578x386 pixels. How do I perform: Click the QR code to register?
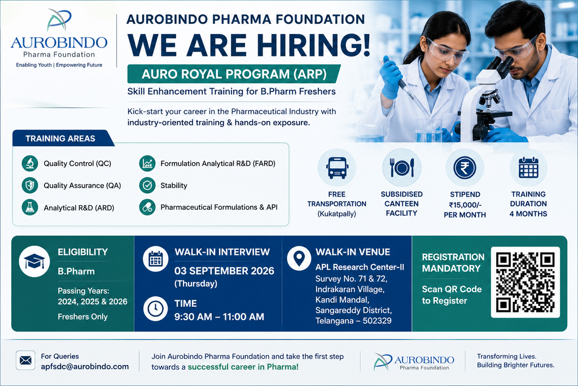[x=526, y=283]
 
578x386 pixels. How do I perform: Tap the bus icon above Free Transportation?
[x=337, y=168]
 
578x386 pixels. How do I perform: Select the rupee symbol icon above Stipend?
[x=465, y=168]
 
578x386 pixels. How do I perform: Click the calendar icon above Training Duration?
[x=528, y=168]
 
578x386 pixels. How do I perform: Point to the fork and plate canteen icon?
[x=402, y=168]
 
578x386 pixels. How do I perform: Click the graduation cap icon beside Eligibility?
[x=34, y=261]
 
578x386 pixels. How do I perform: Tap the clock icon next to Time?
[x=155, y=309]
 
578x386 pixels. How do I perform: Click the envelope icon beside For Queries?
[x=25, y=360]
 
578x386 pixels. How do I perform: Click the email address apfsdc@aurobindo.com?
[x=85, y=366]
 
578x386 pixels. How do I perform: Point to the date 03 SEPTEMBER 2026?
[x=224, y=271]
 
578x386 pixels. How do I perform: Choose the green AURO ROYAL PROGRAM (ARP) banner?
[x=234, y=74]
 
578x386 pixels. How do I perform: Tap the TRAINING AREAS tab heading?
[x=60, y=138]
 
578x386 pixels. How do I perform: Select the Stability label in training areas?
[x=174, y=185]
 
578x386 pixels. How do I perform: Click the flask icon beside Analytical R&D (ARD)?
[x=29, y=207]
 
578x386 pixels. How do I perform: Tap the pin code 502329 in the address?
[x=377, y=320]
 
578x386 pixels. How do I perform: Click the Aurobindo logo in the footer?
[x=414, y=362]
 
